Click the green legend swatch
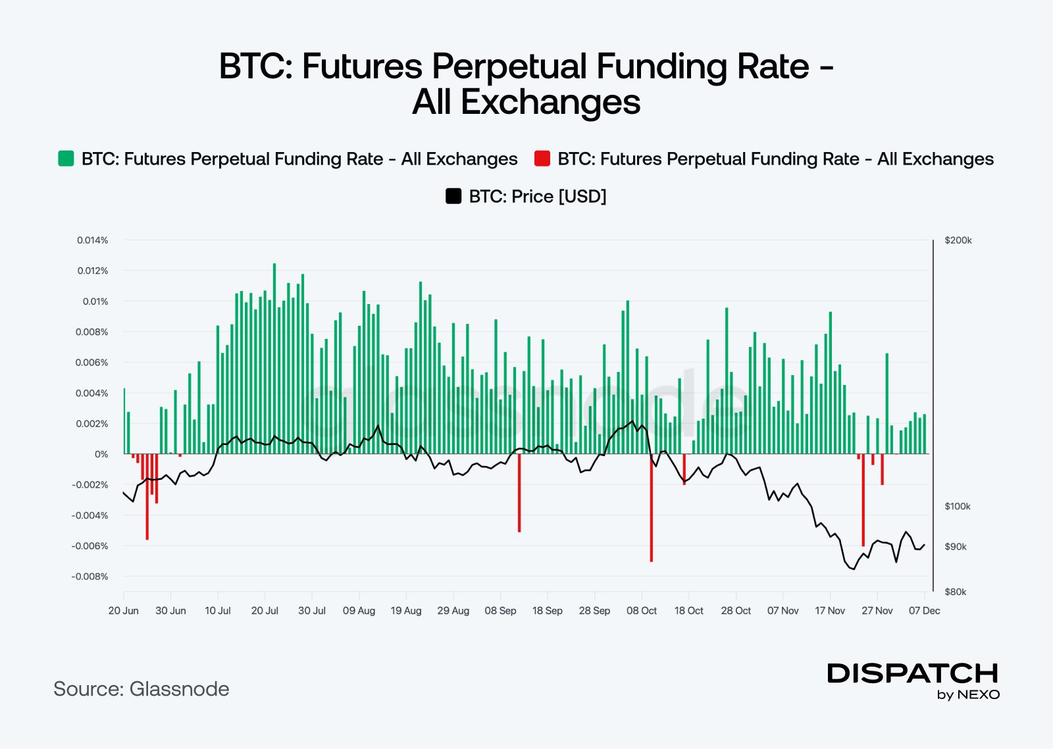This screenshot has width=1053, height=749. [66, 159]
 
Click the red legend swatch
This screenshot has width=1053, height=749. [542, 159]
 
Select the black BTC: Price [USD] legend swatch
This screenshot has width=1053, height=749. [453, 196]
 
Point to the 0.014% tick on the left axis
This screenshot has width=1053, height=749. [93, 240]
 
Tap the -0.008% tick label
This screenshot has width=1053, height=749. [90, 577]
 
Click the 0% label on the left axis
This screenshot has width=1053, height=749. [101, 454]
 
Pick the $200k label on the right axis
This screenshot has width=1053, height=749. [958, 240]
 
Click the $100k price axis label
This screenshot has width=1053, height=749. [958, 506]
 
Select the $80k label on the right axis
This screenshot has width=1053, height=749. [956, 592]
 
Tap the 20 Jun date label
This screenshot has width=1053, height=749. [123, 611]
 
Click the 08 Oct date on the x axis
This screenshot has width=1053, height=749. [642, 611]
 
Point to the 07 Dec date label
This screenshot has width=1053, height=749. [924, 611]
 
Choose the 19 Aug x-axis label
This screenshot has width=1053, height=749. [406, 611]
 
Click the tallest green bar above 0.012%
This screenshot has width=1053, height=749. [274, 359]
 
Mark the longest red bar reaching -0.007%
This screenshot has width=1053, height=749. [652, 508]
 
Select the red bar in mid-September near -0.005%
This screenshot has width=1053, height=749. [519, 493]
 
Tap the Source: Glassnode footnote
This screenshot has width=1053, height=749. [141, 689]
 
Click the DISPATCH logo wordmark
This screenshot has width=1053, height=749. [913, 673]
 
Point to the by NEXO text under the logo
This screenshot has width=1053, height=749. [968, 695]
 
